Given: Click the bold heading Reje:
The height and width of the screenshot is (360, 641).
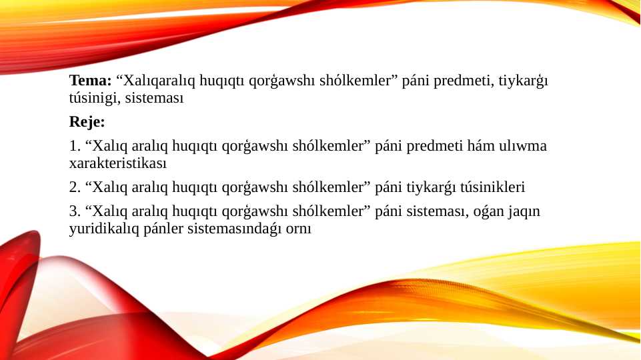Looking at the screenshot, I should pyautogui.click(x=87, y=123).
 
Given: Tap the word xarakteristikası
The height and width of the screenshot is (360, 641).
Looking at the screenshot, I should pyautogui.click(x=117, y=163).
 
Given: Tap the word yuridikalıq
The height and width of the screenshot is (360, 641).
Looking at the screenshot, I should pyautogui.click(x=99, y=229).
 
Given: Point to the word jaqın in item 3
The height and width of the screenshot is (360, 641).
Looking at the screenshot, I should pyautogui.click(x=524, y=212).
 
